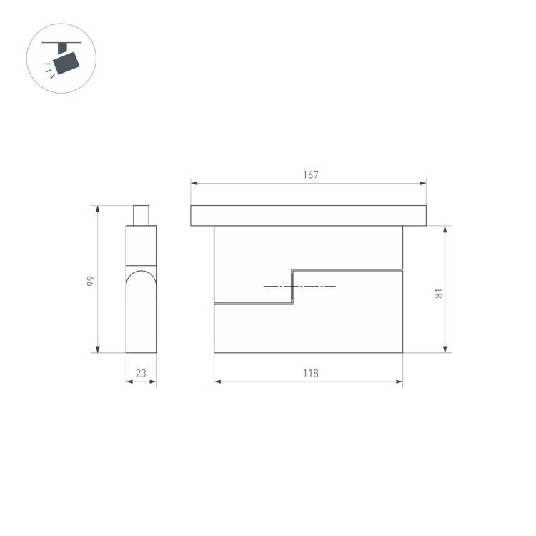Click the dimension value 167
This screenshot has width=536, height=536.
(x=310, y=174)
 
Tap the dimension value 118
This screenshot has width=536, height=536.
(x=310, y=373)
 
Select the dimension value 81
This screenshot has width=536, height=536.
(x=438, y=293)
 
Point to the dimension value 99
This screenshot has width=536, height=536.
(x=91, y=281)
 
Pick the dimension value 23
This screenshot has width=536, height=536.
(x=141, y=373)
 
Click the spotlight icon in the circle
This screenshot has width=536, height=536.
(x=61, y=59)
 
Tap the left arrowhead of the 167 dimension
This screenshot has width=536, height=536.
(x=194, y=183)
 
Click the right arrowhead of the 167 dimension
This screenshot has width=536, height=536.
(x=423, y=183)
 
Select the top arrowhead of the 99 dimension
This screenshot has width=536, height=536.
(x=98, y=209)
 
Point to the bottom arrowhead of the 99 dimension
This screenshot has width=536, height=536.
(x=98, y=349)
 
